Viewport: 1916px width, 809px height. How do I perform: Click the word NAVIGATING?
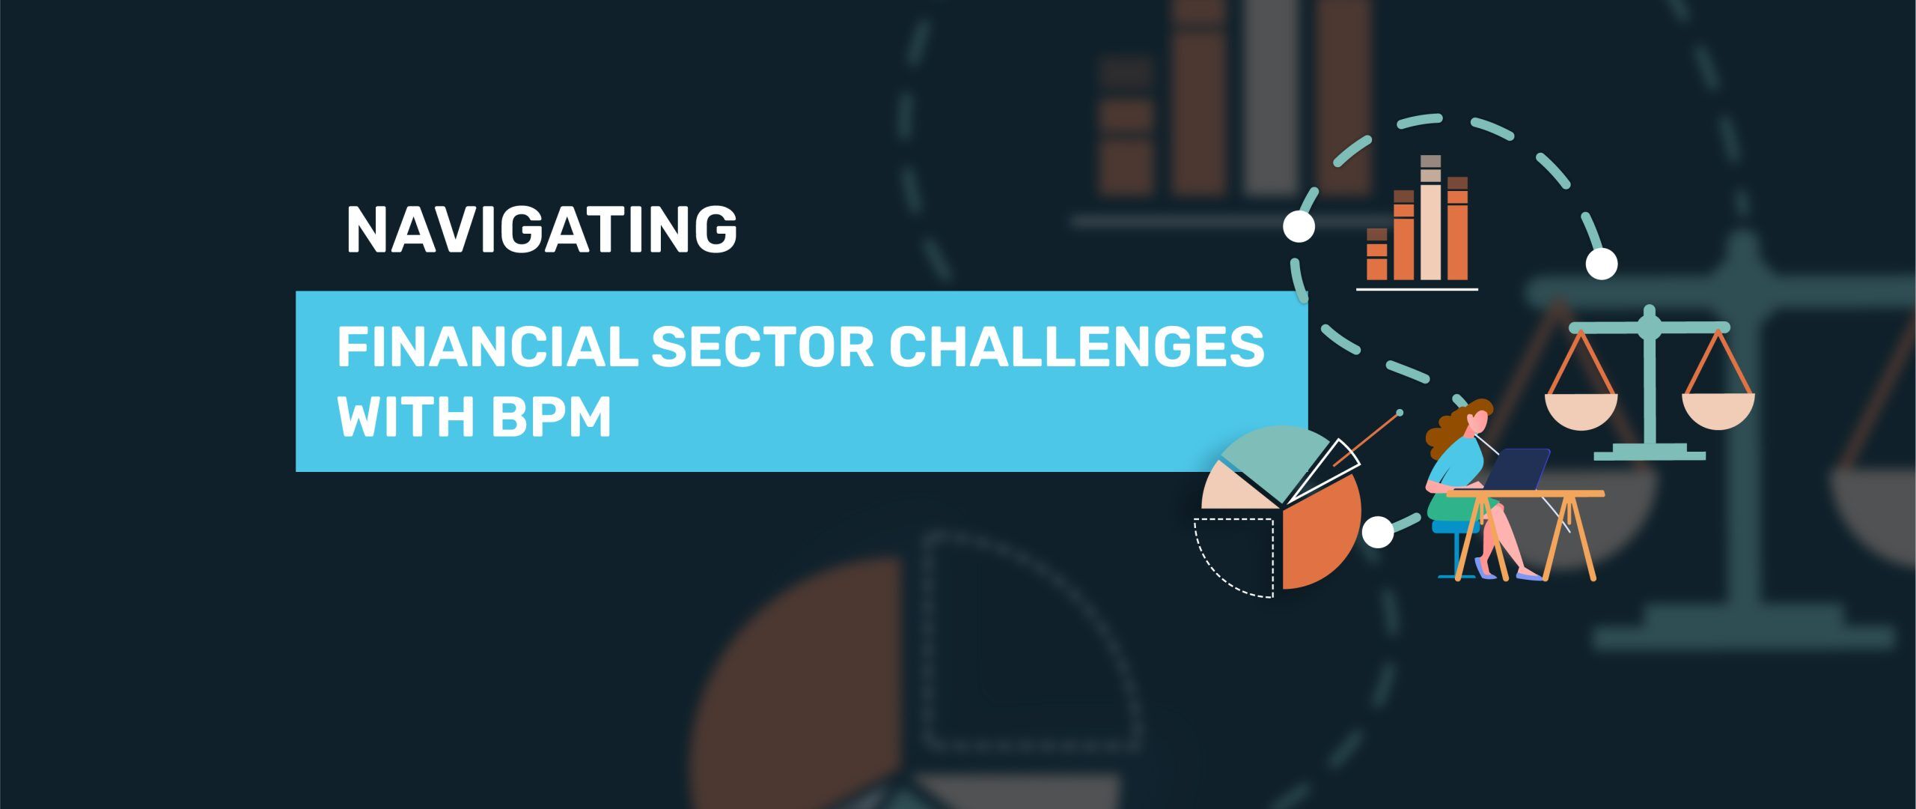click(x=542, y=230)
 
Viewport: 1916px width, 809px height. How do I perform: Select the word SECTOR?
click(x=762, y=347)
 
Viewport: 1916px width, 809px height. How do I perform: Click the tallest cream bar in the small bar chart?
click(x=1430, y=218)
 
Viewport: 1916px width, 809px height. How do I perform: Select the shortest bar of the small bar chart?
click(x=1376, y=255)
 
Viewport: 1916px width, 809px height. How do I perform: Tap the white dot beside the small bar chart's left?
click(x=1299, y=226)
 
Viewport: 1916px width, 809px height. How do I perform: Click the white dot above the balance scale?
click(x=1602, y=264)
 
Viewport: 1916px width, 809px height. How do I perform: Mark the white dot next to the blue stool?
click(x=1378, y=533)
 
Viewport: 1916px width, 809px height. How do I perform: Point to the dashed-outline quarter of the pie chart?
click(x=1235, y=556)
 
